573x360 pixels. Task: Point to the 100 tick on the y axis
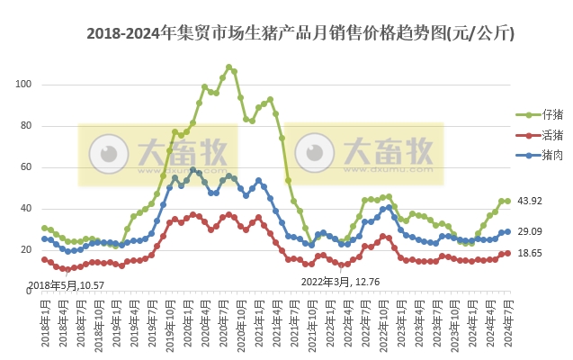[23, 85]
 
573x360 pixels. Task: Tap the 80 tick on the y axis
[26, 126]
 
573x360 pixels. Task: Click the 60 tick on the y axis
[26, 167]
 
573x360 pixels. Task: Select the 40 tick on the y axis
[26, 209]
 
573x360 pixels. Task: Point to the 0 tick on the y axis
[29, 292]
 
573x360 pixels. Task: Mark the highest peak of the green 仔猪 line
[228, 67]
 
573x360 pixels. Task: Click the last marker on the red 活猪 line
[508, 253]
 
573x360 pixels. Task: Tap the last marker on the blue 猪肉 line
[508, 231]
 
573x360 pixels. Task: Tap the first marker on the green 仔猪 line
[44, 228]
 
